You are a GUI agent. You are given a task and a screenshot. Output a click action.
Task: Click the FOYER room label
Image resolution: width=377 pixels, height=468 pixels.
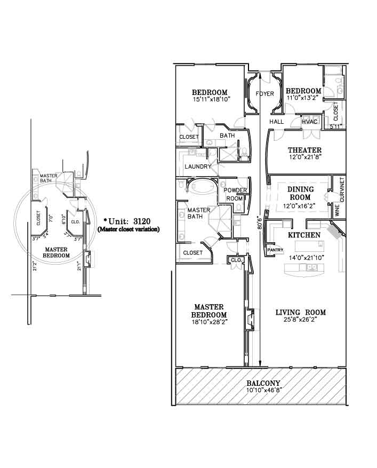coord(264,94)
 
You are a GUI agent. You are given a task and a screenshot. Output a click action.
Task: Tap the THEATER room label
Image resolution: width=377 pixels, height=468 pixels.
coord(304,150)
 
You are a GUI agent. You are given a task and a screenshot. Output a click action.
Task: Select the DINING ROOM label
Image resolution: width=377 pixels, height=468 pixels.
coord(300,193)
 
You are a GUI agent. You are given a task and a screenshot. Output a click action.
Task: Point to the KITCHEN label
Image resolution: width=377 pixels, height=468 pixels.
coord(304,235)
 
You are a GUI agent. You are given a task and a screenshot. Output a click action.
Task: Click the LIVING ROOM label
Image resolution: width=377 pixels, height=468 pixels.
coord(300,313)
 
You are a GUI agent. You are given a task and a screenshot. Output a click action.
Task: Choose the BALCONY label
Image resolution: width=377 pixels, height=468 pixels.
coord(263,383)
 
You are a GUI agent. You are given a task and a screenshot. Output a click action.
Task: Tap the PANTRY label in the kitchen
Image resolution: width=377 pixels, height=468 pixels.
coord(275,250)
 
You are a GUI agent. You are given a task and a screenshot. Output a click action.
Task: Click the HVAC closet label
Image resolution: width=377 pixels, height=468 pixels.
coord(310,122)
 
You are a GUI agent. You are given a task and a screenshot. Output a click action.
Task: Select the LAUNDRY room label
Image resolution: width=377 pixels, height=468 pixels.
coord(198,166)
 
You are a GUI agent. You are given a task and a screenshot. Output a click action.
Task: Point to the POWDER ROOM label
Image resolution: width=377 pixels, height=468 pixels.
coord(235,194)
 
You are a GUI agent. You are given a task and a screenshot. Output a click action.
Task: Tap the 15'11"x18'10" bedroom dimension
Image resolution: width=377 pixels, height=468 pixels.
coord(212,99)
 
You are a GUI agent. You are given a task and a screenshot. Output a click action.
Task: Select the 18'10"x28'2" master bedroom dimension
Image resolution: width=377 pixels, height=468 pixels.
coord(210,322)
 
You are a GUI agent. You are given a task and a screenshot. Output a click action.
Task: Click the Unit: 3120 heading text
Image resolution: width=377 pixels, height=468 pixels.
coord(127,221)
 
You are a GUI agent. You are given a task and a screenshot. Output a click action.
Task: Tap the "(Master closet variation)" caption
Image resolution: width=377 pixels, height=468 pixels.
coord(129,229)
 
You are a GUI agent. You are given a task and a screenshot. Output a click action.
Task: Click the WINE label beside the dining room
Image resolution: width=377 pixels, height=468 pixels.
coord(338,210)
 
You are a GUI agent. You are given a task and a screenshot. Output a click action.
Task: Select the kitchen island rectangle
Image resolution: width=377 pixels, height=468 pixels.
coord(310,247)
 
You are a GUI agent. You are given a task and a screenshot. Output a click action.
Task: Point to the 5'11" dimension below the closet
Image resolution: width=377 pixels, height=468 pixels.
coord(335,126)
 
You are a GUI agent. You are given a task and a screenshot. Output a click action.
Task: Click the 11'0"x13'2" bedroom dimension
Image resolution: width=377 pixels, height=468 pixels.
coord(304,97)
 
